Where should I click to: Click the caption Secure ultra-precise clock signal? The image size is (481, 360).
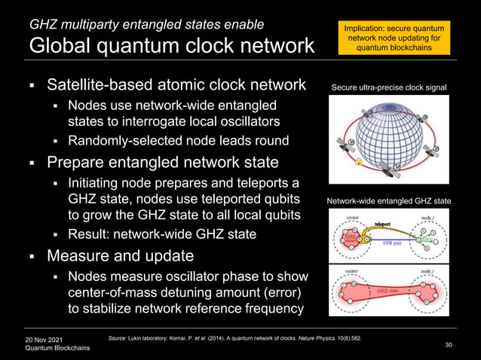tap(389, 88)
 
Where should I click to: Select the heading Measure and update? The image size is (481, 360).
tap(121, 257)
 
